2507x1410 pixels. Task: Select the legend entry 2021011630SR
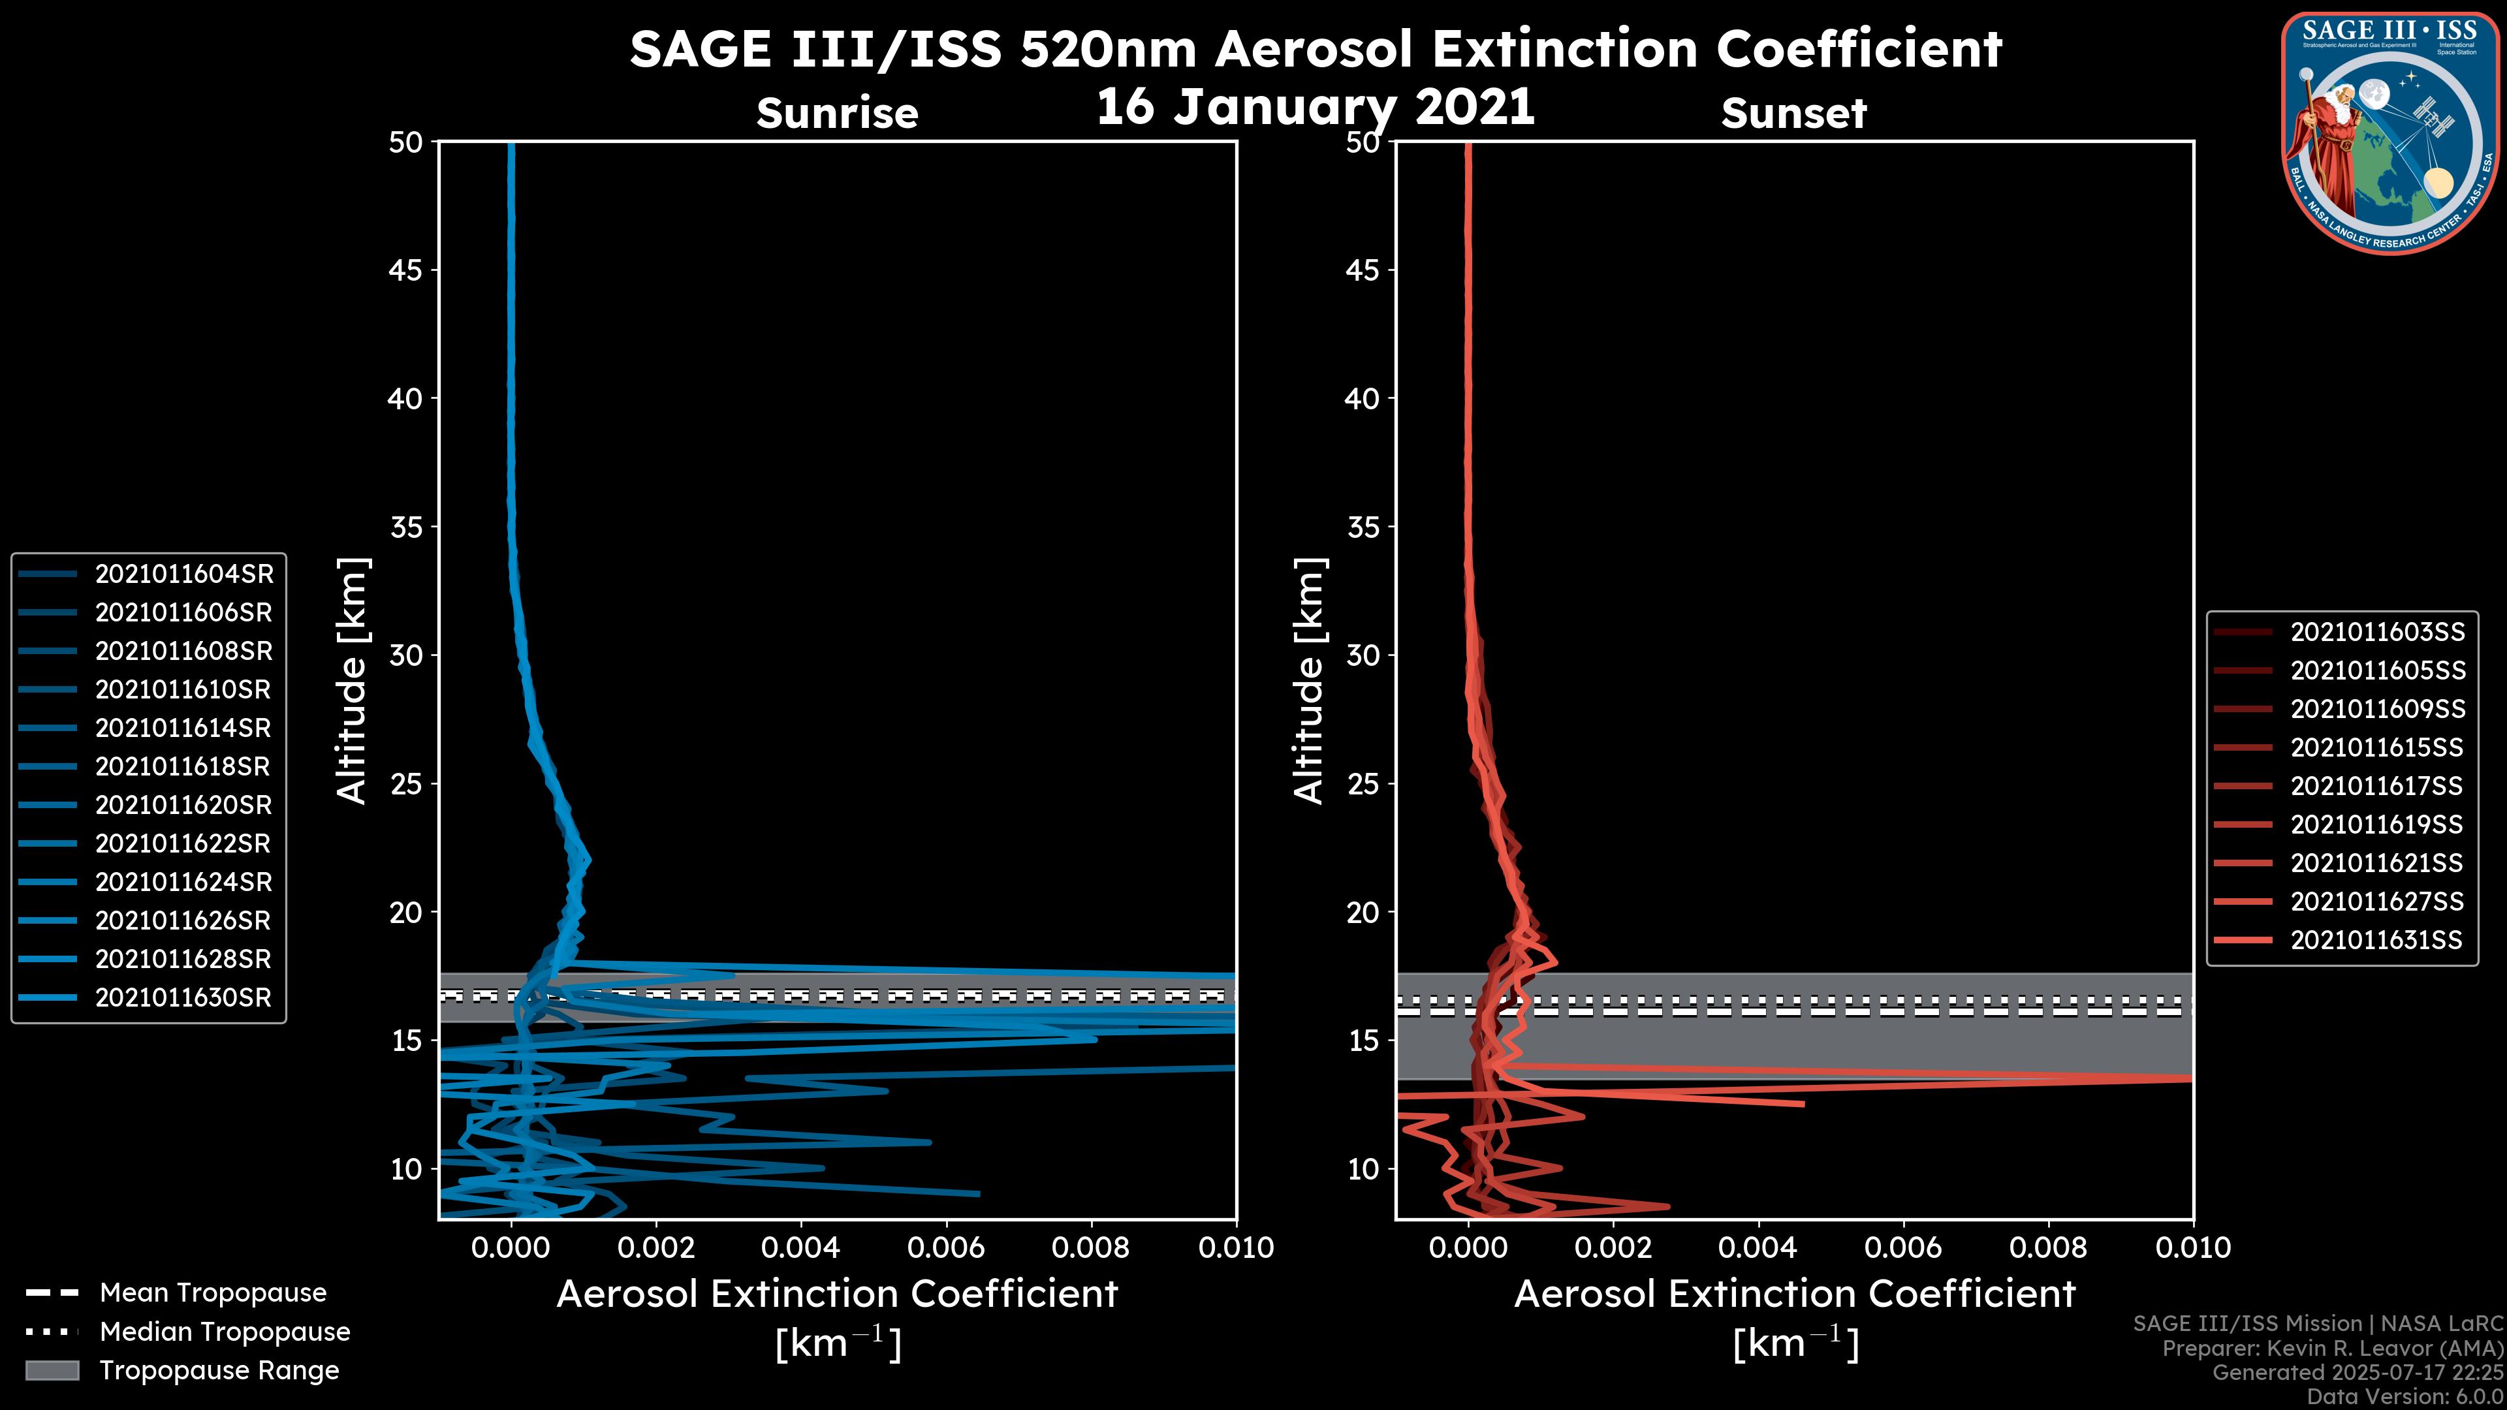coord(183,997)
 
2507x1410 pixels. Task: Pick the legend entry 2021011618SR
coord(182,767)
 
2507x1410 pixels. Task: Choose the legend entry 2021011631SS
coord(2376,940)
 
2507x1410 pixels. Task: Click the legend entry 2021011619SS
coord(2376,824)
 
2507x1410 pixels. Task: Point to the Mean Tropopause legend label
coord(213,1292)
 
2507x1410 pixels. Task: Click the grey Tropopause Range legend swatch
coord(52,1370)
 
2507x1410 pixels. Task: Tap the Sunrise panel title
coord(837,113)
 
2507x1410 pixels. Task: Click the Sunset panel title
coord(1793,113)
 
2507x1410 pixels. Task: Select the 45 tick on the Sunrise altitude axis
coord(406,270)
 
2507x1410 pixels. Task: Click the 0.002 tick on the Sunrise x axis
coord(656,1247)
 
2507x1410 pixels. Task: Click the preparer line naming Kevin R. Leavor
coord(2333,1349)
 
